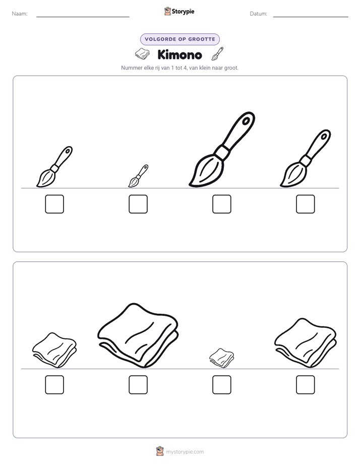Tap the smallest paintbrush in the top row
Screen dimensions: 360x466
pos(138,176)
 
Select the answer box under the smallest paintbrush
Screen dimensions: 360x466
pos(138,204)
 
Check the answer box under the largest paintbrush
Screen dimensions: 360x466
pos(222,204)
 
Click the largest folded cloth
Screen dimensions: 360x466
pos(138,335)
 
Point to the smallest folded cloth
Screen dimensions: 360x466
pos(221,358)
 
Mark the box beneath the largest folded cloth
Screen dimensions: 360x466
pos(138,385)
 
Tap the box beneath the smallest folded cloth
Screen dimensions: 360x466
pos(222,385)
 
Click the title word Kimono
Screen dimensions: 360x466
pos(179,54)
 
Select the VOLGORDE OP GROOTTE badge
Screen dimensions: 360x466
pos(180,39)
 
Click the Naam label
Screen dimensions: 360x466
pos(20,14)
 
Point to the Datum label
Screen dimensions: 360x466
pos(259,14)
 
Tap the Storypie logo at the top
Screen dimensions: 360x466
pos(179,11)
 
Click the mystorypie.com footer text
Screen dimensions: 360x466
pos(185,452)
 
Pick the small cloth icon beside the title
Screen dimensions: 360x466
pos(142,54)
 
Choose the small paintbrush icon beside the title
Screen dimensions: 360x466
pos(217,53)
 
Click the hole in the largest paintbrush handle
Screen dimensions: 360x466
pos(246,121)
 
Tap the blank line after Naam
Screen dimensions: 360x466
pos(83,17)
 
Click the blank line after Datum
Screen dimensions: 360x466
pos(311,17)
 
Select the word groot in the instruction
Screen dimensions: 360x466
pos(231,68)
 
